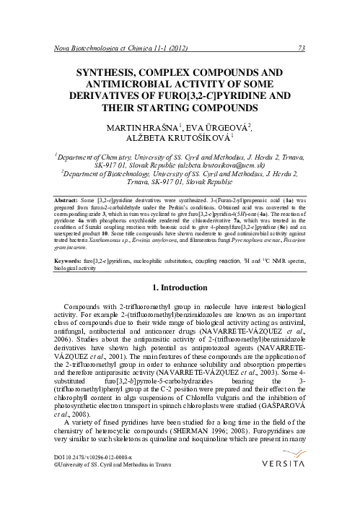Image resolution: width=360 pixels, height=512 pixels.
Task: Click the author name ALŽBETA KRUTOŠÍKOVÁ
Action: (x=179, y=140)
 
